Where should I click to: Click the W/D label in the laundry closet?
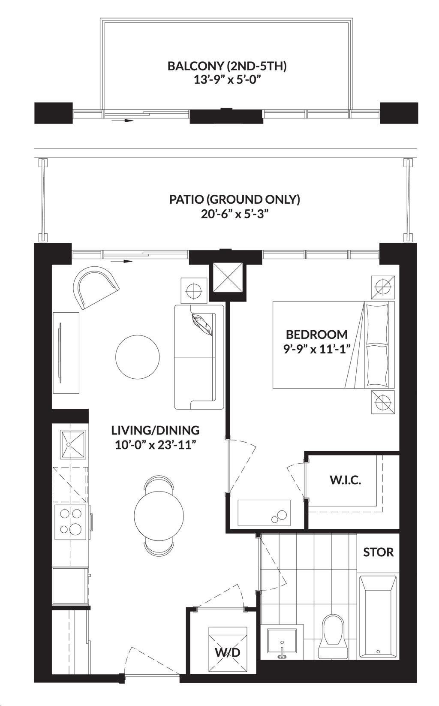(228, 652)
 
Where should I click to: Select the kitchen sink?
(73, 444)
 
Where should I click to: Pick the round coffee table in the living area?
(138, 357)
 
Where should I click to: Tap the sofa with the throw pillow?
(199, 357)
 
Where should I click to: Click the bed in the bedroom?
(334, 345)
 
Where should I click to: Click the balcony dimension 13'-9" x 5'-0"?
(228, 80)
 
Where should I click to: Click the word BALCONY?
(195, 66)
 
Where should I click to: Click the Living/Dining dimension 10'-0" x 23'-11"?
(156, 446)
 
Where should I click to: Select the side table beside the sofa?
(194, 291)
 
